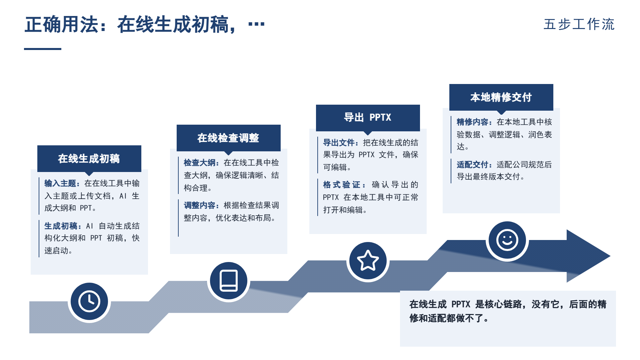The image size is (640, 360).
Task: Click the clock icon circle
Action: (89, 302)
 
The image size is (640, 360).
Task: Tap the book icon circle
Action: (229, 281)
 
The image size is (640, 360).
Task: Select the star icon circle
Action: (368, 261)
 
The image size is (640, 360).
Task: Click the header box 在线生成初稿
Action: (89, 159)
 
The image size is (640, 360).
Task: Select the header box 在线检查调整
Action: (229, 138)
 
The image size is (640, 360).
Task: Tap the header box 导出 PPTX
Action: (368, 117)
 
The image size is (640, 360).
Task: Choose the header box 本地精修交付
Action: (501, 97)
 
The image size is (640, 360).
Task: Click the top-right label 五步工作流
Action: (579, 24)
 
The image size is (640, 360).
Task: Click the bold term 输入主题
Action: (60, 183)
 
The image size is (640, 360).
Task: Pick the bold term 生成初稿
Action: (60, 226)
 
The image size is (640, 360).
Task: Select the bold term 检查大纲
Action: (200, 163)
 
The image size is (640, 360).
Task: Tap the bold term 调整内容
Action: (200, 205)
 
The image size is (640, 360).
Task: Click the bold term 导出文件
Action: (339, 143)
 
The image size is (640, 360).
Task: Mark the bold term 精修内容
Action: (473, 122)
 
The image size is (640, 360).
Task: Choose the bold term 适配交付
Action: (473, 165)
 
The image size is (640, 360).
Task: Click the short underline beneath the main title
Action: (43, 49)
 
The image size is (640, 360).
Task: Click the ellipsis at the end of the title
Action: (256, 24)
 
